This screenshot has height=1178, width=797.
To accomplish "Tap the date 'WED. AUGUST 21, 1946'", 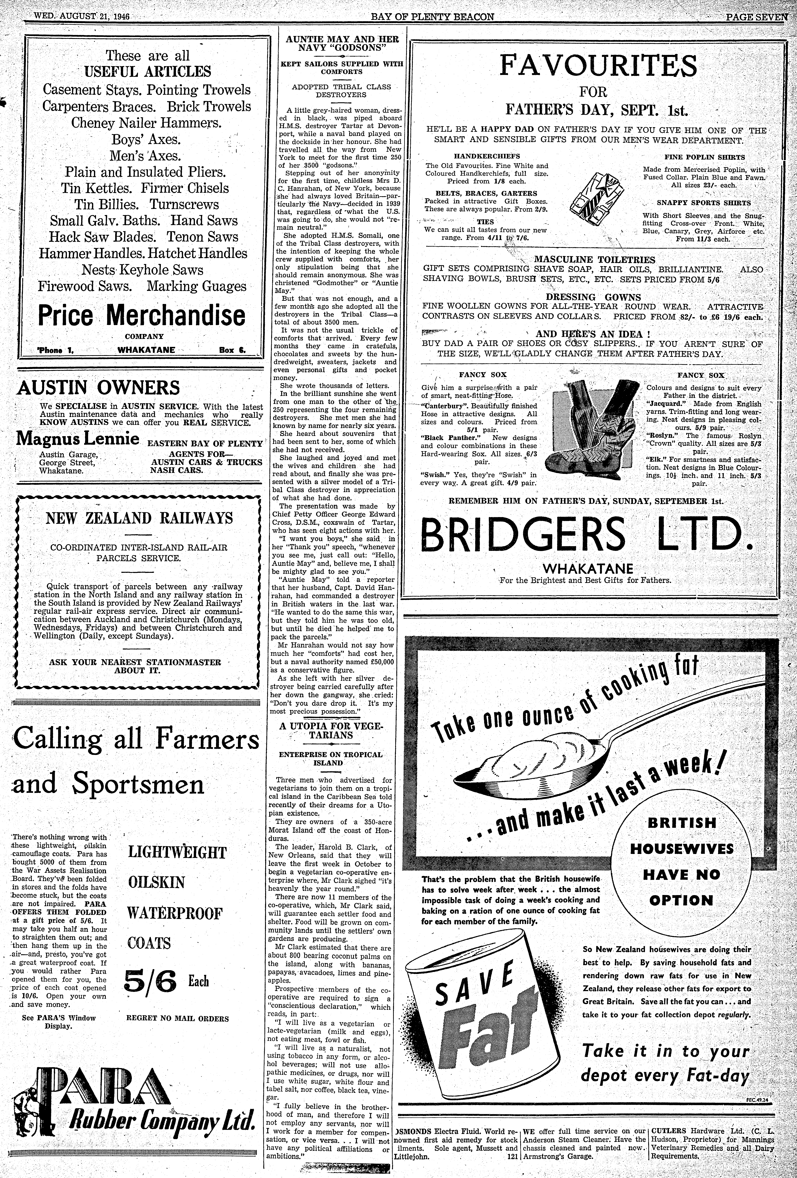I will (x=81, y=16).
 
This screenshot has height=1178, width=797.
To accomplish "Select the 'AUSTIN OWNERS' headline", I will (x=98, y=388).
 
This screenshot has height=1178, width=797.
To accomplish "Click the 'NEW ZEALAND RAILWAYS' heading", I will (x=139, y=518).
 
